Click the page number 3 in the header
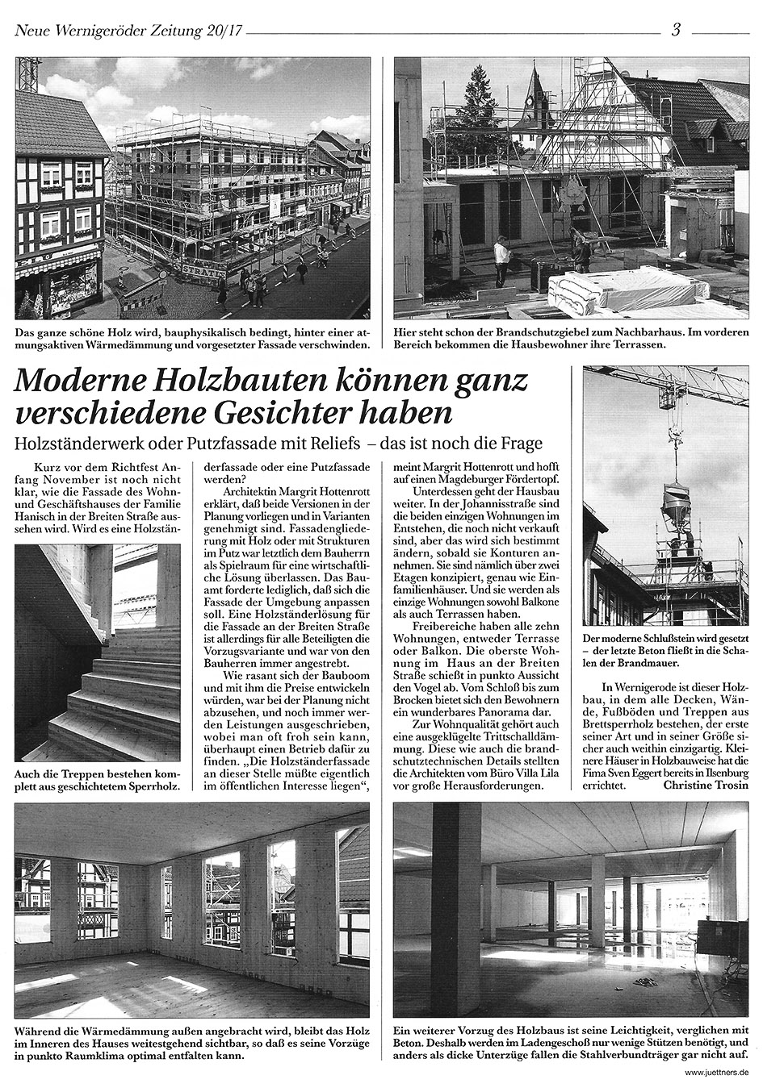coord(676,31)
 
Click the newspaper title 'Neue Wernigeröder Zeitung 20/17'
coord(128,31)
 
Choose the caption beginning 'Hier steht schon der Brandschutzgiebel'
coord(572,337)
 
